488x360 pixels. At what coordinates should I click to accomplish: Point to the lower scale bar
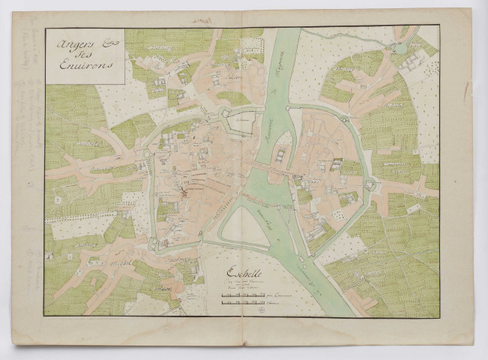tap(243, 305)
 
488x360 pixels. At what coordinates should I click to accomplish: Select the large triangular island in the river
tap(246, 225)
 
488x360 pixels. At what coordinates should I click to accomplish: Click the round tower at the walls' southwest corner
tap(153, 244)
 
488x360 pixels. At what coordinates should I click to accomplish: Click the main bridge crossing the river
tap(270, 169)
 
